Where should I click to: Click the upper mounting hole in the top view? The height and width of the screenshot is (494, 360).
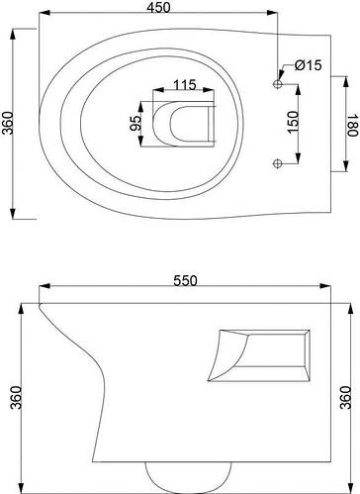[x=279, y=86]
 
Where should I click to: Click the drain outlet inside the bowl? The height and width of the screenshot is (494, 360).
[x=180, y=123]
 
